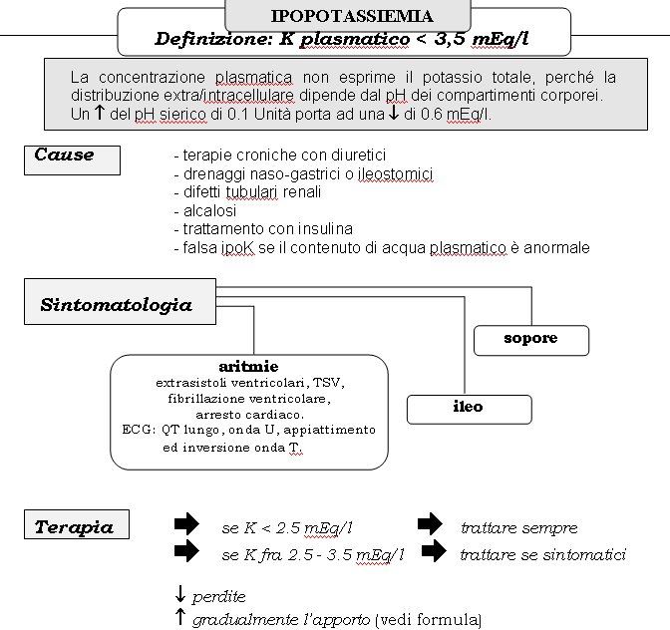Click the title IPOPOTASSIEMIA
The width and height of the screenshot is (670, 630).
(352, 16)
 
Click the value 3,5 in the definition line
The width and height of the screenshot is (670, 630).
(450, 39)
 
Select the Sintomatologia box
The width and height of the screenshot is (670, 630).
(120, 302)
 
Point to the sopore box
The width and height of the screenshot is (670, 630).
(531, 340)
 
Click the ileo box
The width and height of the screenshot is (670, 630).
(470, 409)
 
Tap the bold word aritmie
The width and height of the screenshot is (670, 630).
(248, 367)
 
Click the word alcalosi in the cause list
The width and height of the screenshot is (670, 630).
(209, 210)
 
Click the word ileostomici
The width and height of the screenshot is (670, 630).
(395, 174)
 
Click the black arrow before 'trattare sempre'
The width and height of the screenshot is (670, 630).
(430, 523)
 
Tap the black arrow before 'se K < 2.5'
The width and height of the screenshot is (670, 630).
(186, 523)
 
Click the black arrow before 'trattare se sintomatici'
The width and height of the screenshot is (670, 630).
(434, 550)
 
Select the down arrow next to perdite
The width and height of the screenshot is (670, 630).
(180, 594)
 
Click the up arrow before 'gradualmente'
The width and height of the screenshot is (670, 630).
(180, 618)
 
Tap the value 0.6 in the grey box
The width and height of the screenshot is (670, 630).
(432, 115)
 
